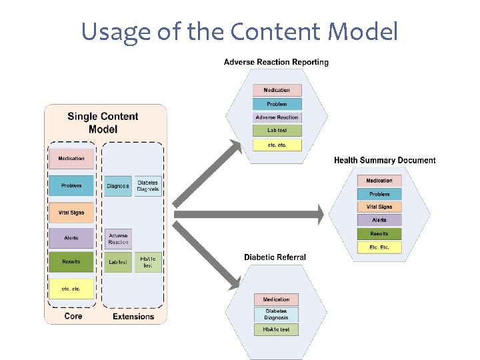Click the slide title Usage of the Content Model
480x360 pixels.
coord(239,31)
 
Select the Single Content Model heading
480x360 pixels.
coord(103,122)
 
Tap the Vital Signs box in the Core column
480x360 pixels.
coord(71,212)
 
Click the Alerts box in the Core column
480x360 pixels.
coord(71,238)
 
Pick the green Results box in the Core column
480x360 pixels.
coord(71,262)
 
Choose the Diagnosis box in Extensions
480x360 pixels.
coord(118,186)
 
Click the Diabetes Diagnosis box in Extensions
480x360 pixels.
coord(148,186)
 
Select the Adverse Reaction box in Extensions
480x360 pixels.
coord(118,239)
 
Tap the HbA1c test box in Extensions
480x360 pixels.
coord(148,262)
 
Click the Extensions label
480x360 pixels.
coord(133,317)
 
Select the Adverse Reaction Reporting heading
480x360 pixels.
coord(276,62)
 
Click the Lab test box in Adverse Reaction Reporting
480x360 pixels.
coord(277,131)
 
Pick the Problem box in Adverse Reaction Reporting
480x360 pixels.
coord(277,104)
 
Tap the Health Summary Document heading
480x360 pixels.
coord(385,160)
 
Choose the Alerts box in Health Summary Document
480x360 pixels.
coord(379,220)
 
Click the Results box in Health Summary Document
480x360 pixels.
coord(379,234)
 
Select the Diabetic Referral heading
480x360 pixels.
coord(275,257)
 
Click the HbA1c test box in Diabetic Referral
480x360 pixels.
coord(276,329)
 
